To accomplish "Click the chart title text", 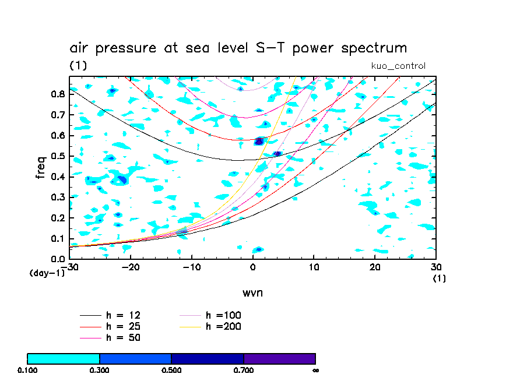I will pyautogui.click(x=238, y=48).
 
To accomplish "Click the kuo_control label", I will pyautogui.click(x=398, y=66).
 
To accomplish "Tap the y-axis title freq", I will pyautogui.click(x=40, y=168).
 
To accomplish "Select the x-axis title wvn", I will pyautogui.click(x=252, y=292).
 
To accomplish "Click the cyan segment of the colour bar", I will pyautogui.click(x=64, y=358).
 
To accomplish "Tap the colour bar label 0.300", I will pyautogui.click(x=100, y=370).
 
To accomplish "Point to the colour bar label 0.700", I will pyautogui.click(x=244, y=370).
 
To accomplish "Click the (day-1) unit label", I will pyautogui.click(x=47, y=273).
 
